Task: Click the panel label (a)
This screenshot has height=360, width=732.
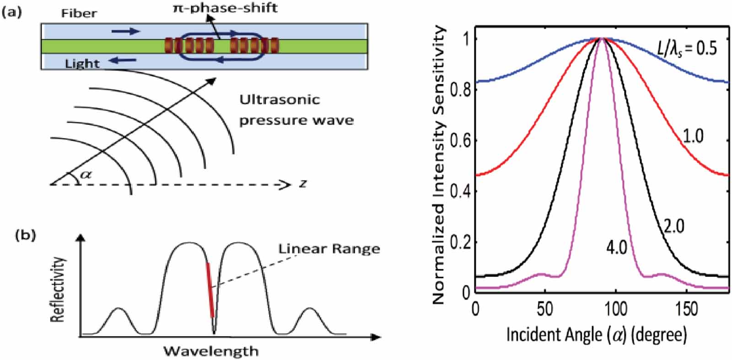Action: coord(12,12)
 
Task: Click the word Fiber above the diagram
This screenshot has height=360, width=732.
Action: coord(79,13)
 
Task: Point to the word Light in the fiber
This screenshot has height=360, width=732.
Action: coord(82,63)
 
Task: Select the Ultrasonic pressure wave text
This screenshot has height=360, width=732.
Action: coord(296,110)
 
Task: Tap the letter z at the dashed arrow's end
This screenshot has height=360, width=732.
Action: coord(303,184)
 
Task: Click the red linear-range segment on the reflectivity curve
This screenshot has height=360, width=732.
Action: coord(210,290)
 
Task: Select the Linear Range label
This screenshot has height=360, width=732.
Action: coord(329,249)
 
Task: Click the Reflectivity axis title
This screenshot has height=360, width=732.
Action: coord(58,290)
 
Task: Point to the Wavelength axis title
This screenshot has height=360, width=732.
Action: coord(211,351)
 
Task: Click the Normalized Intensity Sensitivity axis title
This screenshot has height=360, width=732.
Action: coord(439,165)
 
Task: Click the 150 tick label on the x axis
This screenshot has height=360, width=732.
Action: coord(686,309)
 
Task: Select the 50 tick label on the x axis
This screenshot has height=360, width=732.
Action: coord(545,309)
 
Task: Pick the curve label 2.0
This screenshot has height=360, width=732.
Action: coord(673,226)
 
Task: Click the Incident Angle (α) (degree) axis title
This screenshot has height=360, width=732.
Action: coord(597,335)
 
